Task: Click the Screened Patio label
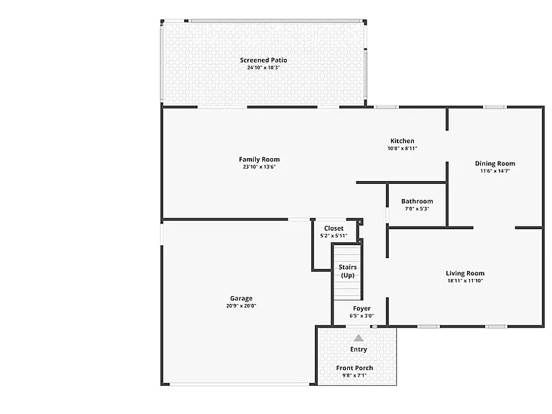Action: (x=263, y=60)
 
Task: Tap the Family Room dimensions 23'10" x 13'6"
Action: (x=259, y=167)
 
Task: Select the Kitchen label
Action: (x=402, y=141)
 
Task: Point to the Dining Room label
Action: (x=495, y=163)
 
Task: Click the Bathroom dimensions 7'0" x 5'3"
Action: (x=417, y=208)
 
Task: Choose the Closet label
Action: (x=333, y=228)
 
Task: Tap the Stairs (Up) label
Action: (x=348, y=271)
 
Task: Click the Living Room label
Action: (x=465, y=273)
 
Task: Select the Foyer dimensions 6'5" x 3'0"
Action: (x=362, y=316)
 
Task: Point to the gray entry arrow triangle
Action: (x=359, y=339)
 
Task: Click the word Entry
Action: (x=359, y=349)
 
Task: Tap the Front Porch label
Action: (x=354, y=368)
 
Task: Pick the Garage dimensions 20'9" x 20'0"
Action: (x=241, y=306)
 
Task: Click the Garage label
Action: (x=241, y=298)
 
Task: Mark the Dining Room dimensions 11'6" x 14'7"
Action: (x=495, y=171)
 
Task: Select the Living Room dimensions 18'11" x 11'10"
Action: (x=465, y=281)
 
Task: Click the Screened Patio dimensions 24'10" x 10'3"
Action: (x=263, y=68)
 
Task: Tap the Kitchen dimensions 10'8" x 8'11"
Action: (x=402, y=149)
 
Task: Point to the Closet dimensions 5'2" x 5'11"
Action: (x=333, y=236)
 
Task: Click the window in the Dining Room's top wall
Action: (x=494, y=107)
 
